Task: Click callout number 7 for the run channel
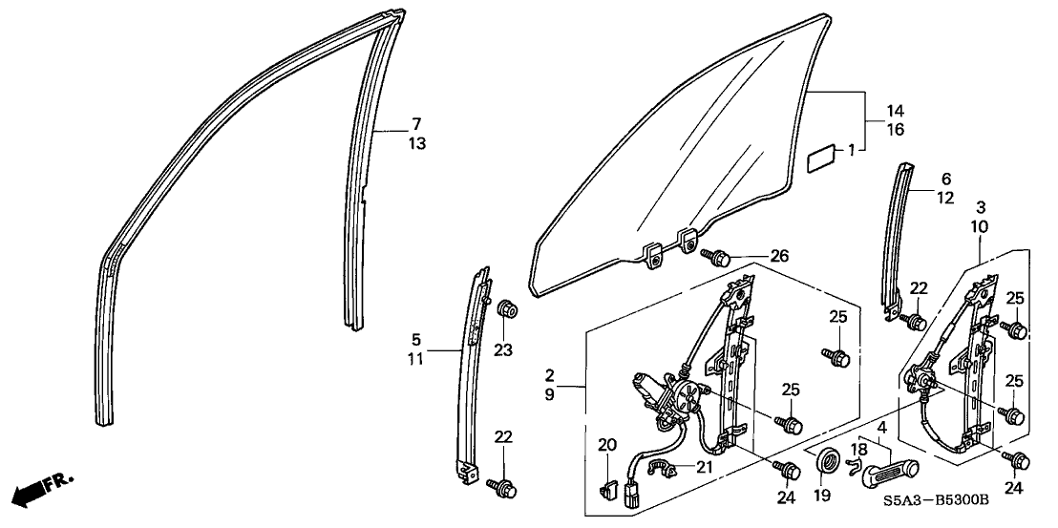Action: point(416,124)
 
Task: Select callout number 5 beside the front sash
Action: point(416,338)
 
